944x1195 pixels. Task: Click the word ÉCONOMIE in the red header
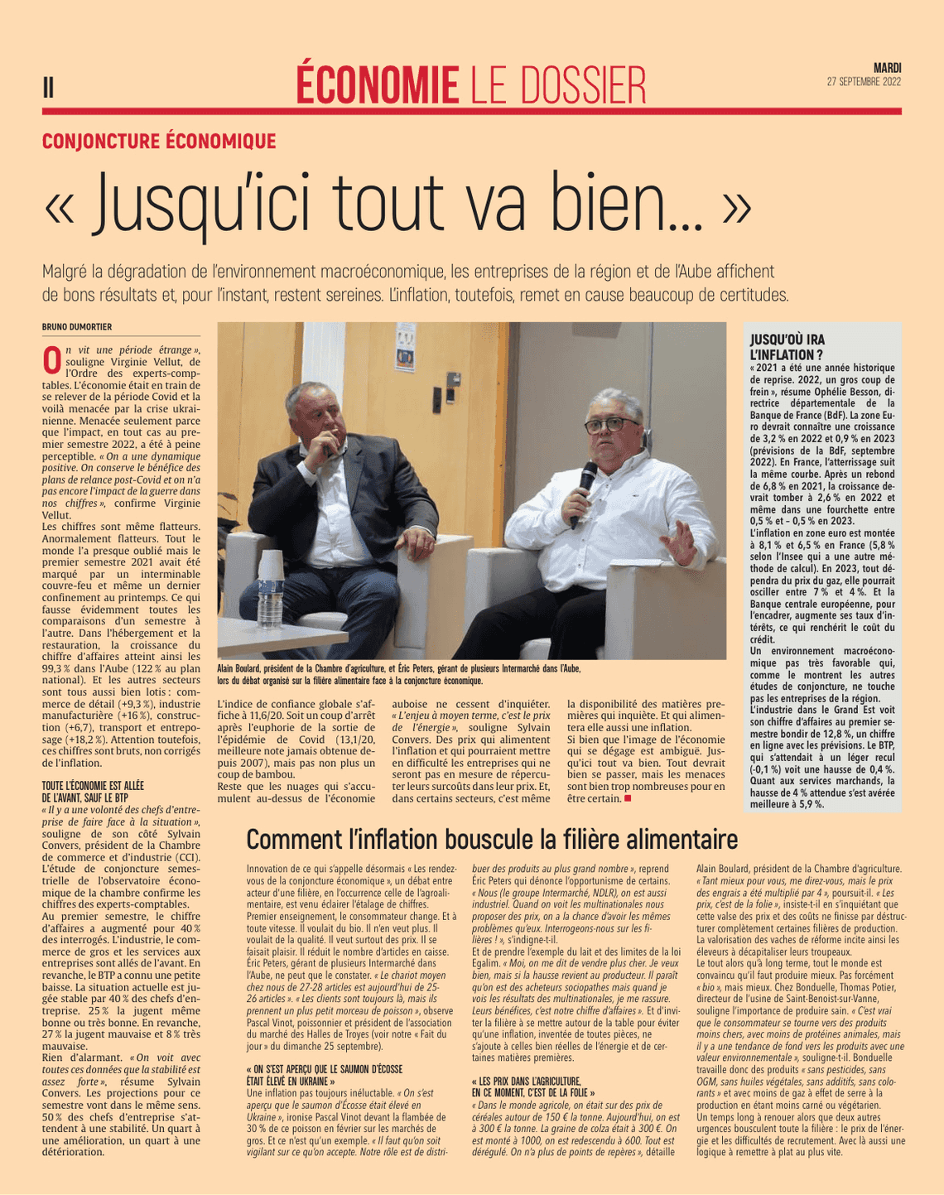click(377, 85)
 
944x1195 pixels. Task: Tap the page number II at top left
click(48, 87)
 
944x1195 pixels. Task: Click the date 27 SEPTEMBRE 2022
click(864, 82)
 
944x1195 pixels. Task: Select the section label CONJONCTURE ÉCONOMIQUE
click(159, 141)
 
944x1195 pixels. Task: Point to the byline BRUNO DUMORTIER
click(77, 326)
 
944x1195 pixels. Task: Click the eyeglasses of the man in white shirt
click(613, 424)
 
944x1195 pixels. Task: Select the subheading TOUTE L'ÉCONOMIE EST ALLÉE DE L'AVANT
click(93, 790)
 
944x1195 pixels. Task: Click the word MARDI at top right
click(887, 68)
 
